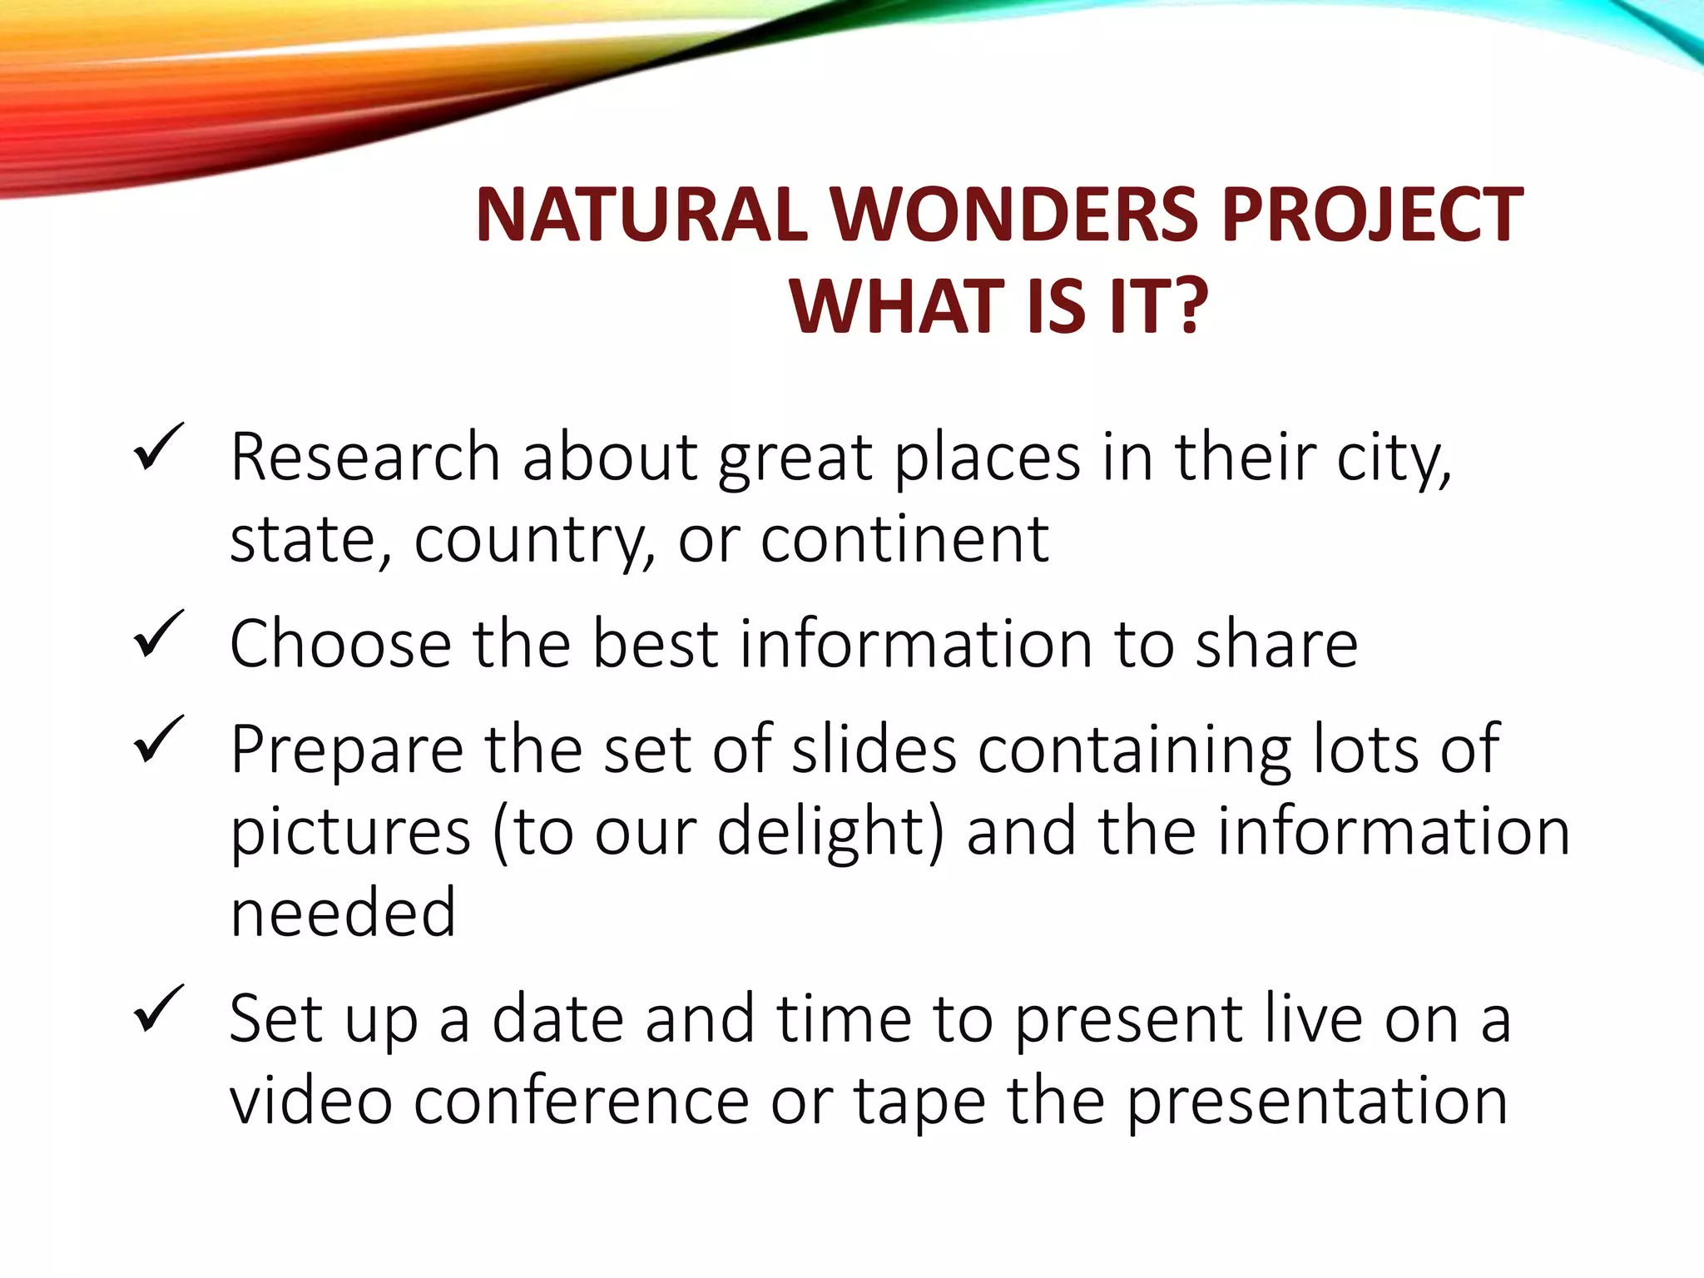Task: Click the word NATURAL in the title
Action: pos(641,215)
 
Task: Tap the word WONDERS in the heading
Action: pos(1013,215)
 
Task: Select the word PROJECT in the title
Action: pos(1373,215)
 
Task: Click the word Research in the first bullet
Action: pos(365,458)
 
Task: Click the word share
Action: pos(1276,645)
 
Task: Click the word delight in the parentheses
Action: pos(825,832)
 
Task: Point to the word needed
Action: pos(343,914)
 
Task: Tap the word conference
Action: pos(582,1102)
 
